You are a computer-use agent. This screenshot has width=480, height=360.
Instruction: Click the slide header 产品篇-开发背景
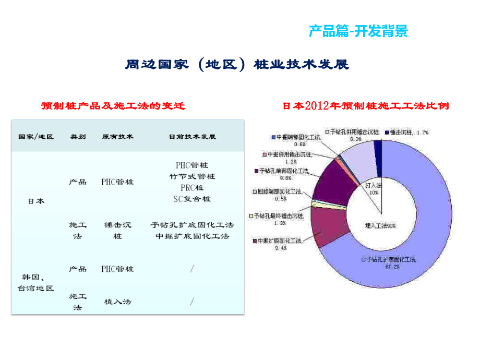[x=358, y=31]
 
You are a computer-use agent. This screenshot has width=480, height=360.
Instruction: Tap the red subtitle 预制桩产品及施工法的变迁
[x=113, y=106]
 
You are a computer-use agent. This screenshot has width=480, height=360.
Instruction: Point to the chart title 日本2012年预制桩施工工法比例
[x=365, y=106]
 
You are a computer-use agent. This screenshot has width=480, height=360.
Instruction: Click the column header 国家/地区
[x=37, y=137]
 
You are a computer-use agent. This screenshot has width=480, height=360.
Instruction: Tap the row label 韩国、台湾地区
[x=37, y=283]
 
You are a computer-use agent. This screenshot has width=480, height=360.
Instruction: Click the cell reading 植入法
[x=117, y=301]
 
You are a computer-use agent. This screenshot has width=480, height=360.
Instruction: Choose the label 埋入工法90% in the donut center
[x=380, y=225]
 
